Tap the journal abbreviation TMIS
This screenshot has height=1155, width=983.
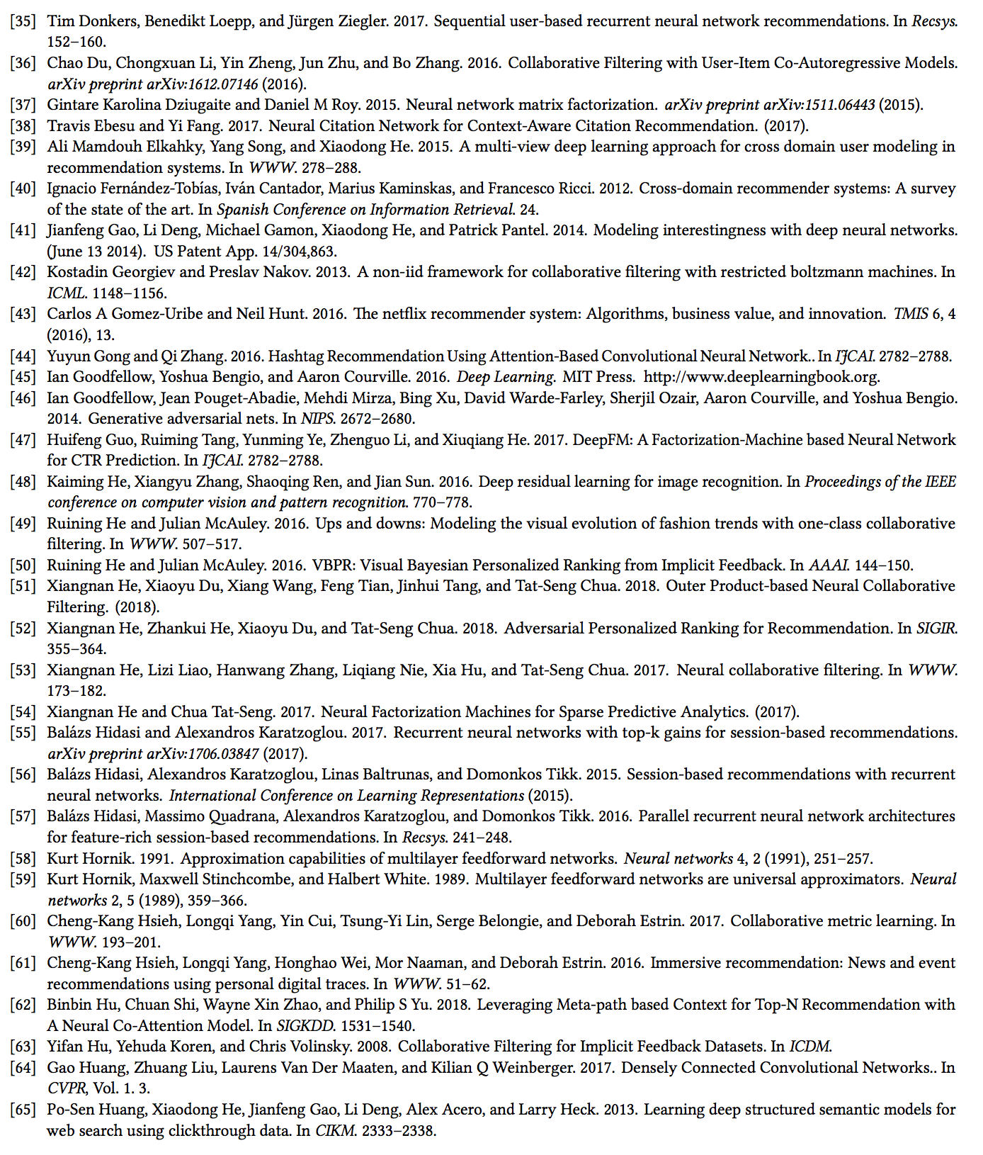click(911, 314)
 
